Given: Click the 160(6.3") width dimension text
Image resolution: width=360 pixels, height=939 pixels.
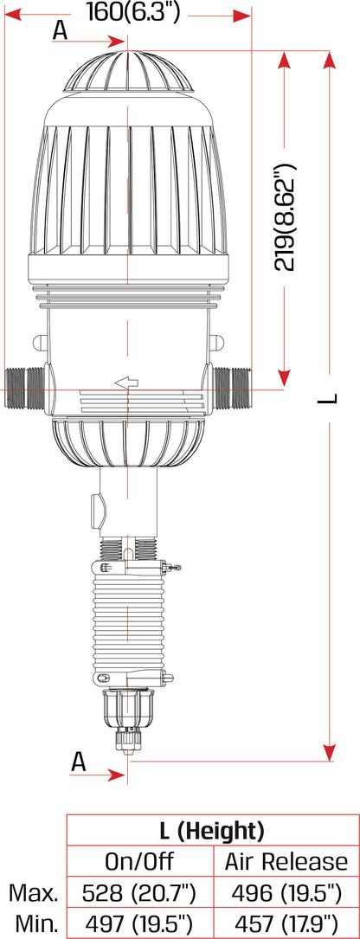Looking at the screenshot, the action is (x=132, y=12).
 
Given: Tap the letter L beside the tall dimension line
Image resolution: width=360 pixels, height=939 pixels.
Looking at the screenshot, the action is (x=328, y=398).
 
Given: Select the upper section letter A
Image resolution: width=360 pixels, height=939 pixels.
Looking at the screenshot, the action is (x=60, y=30).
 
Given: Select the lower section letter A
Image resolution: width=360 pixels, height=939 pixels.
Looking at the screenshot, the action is (x=79, y=762).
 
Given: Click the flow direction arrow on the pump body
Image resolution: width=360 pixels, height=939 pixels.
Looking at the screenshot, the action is (x=126, y=382).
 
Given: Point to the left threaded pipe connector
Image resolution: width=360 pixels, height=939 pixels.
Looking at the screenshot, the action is (x=24, y=387).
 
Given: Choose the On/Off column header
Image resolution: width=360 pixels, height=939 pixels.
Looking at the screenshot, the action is (x=139, y=861).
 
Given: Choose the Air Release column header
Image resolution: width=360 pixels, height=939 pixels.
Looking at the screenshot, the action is (x=286, y=861).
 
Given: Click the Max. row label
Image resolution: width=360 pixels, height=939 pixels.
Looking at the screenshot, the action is (x=33, y=893).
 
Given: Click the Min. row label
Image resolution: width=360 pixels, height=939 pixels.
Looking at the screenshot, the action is (x=35, y=923).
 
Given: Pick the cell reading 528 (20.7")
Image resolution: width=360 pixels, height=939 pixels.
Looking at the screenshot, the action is (x=139, y=893).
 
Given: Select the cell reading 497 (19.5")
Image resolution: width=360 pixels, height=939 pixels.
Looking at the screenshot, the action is (x=139, y=923).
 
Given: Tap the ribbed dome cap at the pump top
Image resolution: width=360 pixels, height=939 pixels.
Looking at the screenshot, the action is (x=128, y=72).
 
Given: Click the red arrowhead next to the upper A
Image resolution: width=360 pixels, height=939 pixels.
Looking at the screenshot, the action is (x=118, y=42).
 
